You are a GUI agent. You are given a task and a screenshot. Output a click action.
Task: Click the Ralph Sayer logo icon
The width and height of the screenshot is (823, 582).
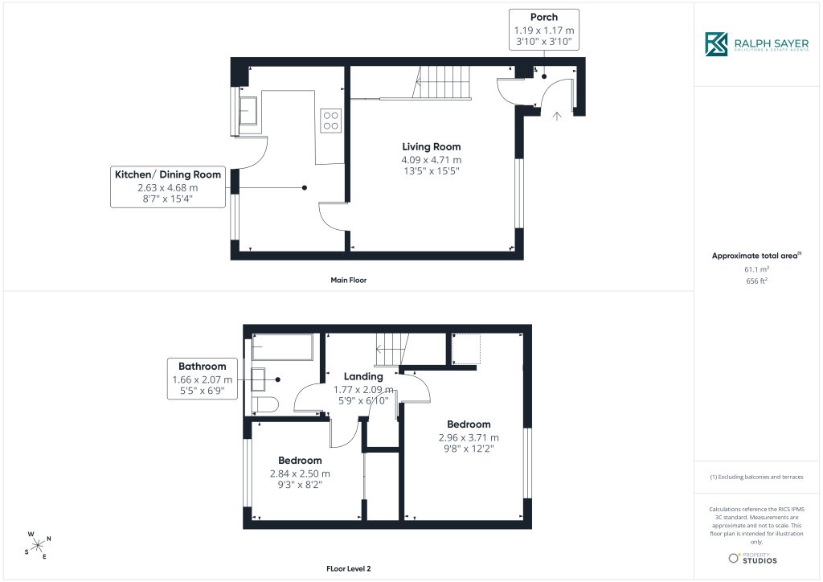pos(716,44)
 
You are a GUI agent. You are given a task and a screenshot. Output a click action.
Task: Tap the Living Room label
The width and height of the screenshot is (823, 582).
pos(432,147)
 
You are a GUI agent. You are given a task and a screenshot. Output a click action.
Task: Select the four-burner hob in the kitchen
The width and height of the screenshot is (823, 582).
pos(330,121)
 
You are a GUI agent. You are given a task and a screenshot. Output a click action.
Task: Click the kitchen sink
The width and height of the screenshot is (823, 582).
pos(248,110)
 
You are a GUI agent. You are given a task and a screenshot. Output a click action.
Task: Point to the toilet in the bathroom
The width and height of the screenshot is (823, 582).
pos(264,405)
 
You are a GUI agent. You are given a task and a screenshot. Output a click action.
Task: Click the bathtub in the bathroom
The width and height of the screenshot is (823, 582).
pos(282,346)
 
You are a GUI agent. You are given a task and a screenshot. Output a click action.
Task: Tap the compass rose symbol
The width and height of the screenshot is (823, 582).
pos(38,545)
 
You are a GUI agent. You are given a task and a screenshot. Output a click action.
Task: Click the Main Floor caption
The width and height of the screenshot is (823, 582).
pos(349,281)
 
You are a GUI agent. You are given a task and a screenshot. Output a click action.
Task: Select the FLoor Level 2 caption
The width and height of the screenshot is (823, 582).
pos(349,568)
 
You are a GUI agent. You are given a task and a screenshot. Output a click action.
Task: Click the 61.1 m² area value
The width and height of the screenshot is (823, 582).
pos(756,269)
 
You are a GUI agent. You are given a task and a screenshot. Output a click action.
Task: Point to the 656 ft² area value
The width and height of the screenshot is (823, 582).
pos(756,281)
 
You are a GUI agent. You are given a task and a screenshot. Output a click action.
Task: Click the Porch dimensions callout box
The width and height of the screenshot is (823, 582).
pos(544,30)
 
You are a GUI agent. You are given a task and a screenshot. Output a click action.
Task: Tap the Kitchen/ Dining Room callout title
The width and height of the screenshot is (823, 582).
pos(168,174)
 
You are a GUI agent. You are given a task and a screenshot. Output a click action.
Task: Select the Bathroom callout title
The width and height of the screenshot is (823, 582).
pos(202,367)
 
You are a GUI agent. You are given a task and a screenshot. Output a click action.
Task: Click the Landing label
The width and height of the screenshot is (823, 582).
pos(363,376)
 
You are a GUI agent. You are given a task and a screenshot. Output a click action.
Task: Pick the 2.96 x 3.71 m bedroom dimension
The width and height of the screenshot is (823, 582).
pos(469,437)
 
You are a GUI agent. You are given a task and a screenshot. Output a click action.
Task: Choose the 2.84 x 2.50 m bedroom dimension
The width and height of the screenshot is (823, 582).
pos(300,473)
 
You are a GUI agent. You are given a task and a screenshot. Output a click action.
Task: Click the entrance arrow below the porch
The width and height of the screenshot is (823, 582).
pos(557,116)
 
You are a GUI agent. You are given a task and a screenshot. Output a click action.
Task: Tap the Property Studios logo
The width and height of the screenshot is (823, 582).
pos(752,558)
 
